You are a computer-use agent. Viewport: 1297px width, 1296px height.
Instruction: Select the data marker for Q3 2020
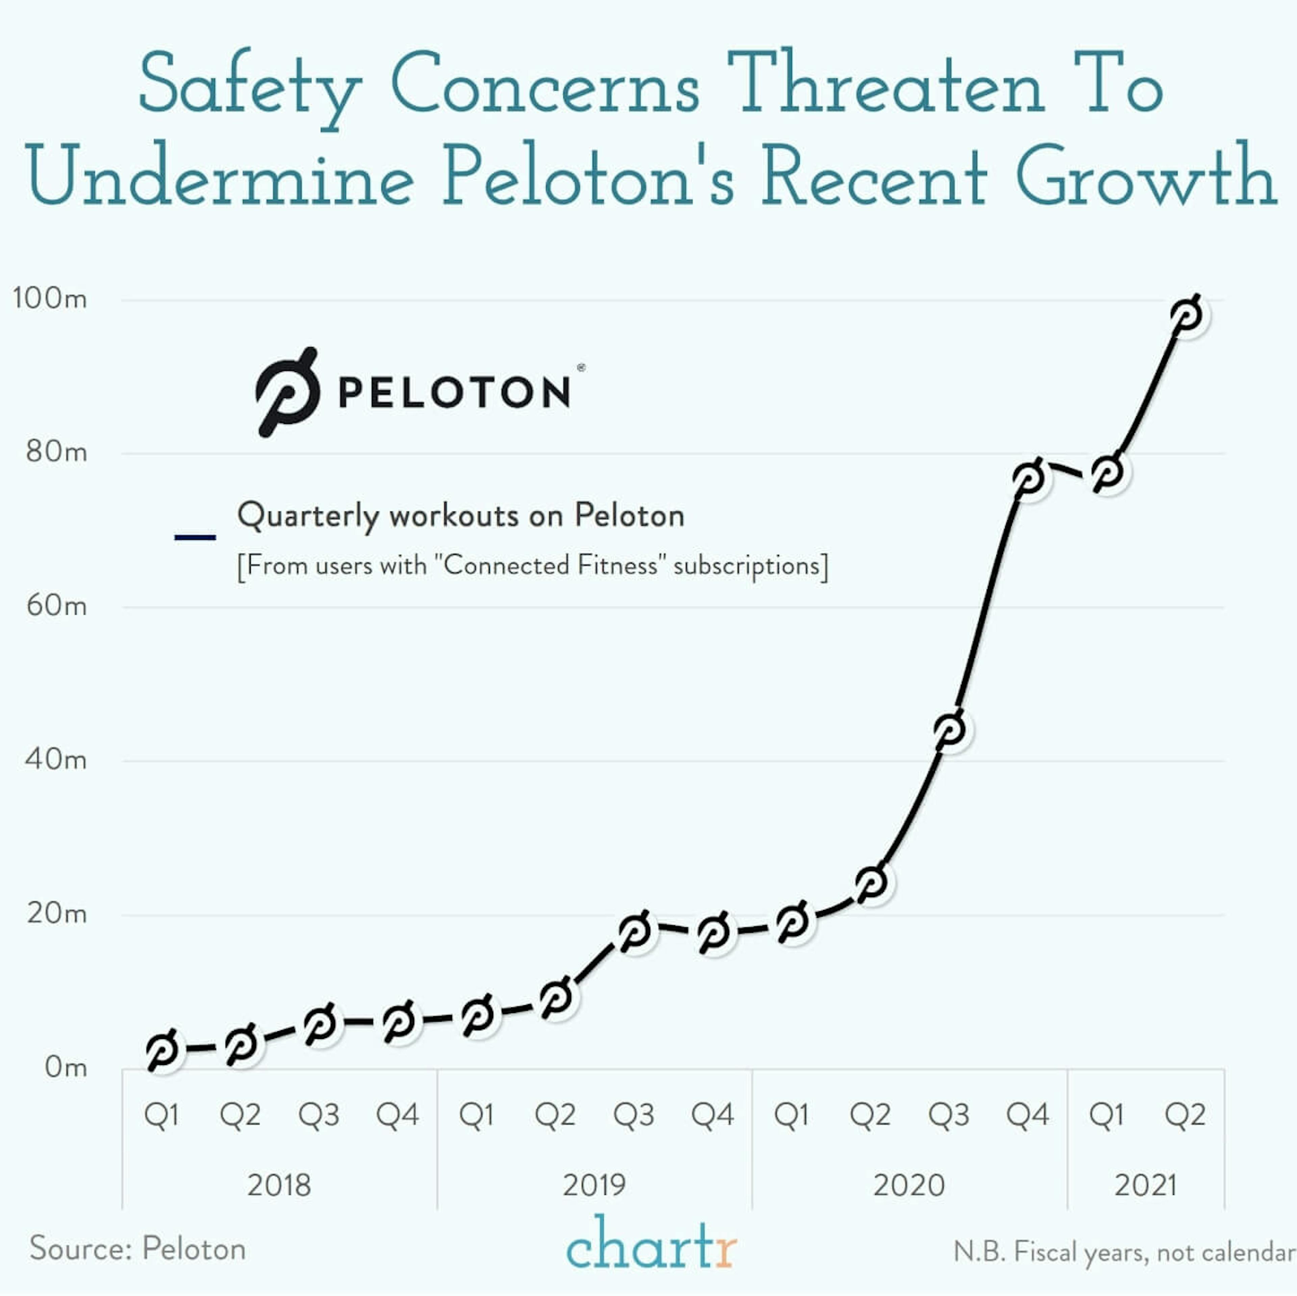(x=950, y=730)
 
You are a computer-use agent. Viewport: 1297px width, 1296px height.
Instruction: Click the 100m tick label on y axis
(x=50, y=298)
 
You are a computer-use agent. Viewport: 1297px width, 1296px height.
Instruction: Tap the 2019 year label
(x=594, y=1185)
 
